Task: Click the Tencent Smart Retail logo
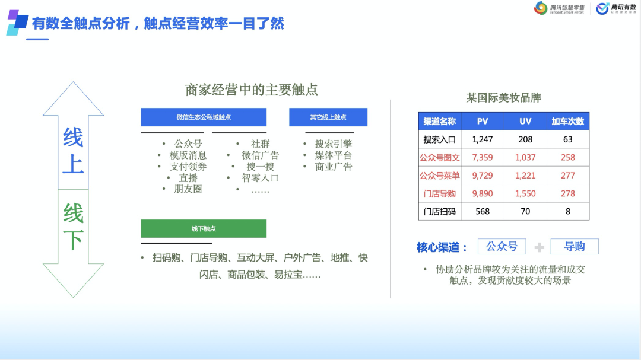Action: [559, 8]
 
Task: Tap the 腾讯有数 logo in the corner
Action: [615, 8]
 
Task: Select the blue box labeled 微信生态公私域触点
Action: [204, 117]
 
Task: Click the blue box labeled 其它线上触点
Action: [328, 117]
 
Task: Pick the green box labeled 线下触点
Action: [204, 228]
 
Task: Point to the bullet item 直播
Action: [188, 178]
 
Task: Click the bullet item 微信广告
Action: [260, 155]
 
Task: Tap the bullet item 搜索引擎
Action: [333, 144]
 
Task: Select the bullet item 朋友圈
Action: [188, 189]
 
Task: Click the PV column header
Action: [483, 122]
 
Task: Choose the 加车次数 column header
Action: [568, 122]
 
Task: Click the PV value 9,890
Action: [483, 193]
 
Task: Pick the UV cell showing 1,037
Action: [525, 157]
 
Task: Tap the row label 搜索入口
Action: [439, 139]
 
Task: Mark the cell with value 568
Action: [483, 211]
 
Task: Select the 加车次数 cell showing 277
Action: [568, 176]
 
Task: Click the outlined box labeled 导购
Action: [575, 246]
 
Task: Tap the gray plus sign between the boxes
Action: [539, 247]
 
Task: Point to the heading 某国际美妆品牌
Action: [504, 98]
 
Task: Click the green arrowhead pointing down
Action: [73, 280]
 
